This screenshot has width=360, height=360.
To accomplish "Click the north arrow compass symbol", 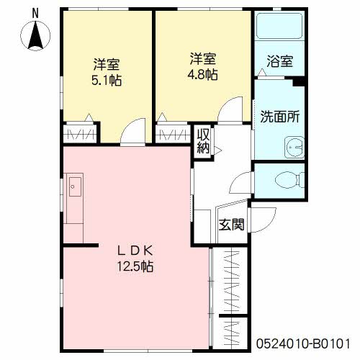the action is pyautogui.click(x=35, y=35).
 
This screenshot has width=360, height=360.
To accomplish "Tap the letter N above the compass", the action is pyautogui.click(x=35, y=13).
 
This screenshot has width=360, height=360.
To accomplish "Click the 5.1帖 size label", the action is pyautogui.click(x=107, y=81).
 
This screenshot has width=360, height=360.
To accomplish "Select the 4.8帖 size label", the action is pyautogui.click(x=202, y=75).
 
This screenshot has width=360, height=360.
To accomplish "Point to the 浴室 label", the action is pyautogui.click(x=280, y=61).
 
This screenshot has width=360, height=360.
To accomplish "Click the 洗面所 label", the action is pyautogui.click(x=280, y=117).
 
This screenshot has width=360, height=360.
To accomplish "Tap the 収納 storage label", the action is pyautogui.click(x=203, y=141).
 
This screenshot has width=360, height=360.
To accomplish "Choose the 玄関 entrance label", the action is pyautogui.click(x=231, y=225).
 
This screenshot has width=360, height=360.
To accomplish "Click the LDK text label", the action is pyautogui.click(x=135, y=251).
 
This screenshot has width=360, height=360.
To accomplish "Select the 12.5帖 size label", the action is pyautogui.click(x=135, y=266).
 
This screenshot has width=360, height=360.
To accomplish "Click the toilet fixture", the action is pyautogui.click(x=289, y=180).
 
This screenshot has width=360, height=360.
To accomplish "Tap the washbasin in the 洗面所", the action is pyautogui.click(x=294, y=148).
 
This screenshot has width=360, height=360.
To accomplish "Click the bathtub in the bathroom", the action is pyautogui.click(x=279, y=26).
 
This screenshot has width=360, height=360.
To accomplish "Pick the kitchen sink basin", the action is pyautogui.click(x=75, y=186).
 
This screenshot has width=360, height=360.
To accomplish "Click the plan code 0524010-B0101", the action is pyautogui.click(x=303, y=343).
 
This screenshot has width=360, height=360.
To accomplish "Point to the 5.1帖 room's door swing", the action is pyautogui.click(x=132, y=132).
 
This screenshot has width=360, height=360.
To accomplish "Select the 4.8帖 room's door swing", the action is pyautogui.click(x=230, y=109).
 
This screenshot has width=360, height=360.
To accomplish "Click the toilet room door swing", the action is pyautogui.click(x=240, y=182).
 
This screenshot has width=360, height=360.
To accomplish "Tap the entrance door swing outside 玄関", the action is pyautogui.click(x=263, y=220).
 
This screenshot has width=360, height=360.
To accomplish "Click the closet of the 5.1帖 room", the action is pyautogui.click(x=81, y=134).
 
